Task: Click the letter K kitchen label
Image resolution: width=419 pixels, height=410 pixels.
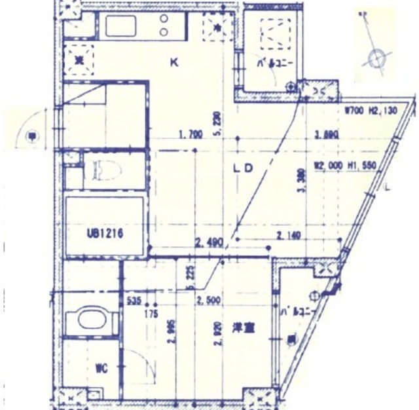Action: (173, 64)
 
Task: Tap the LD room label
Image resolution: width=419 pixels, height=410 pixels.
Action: (243, 168)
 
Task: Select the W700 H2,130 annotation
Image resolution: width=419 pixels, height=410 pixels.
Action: (371, 111)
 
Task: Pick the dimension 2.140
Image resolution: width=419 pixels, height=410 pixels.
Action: (289, 234)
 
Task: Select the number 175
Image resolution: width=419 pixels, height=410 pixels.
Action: (154, 314)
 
